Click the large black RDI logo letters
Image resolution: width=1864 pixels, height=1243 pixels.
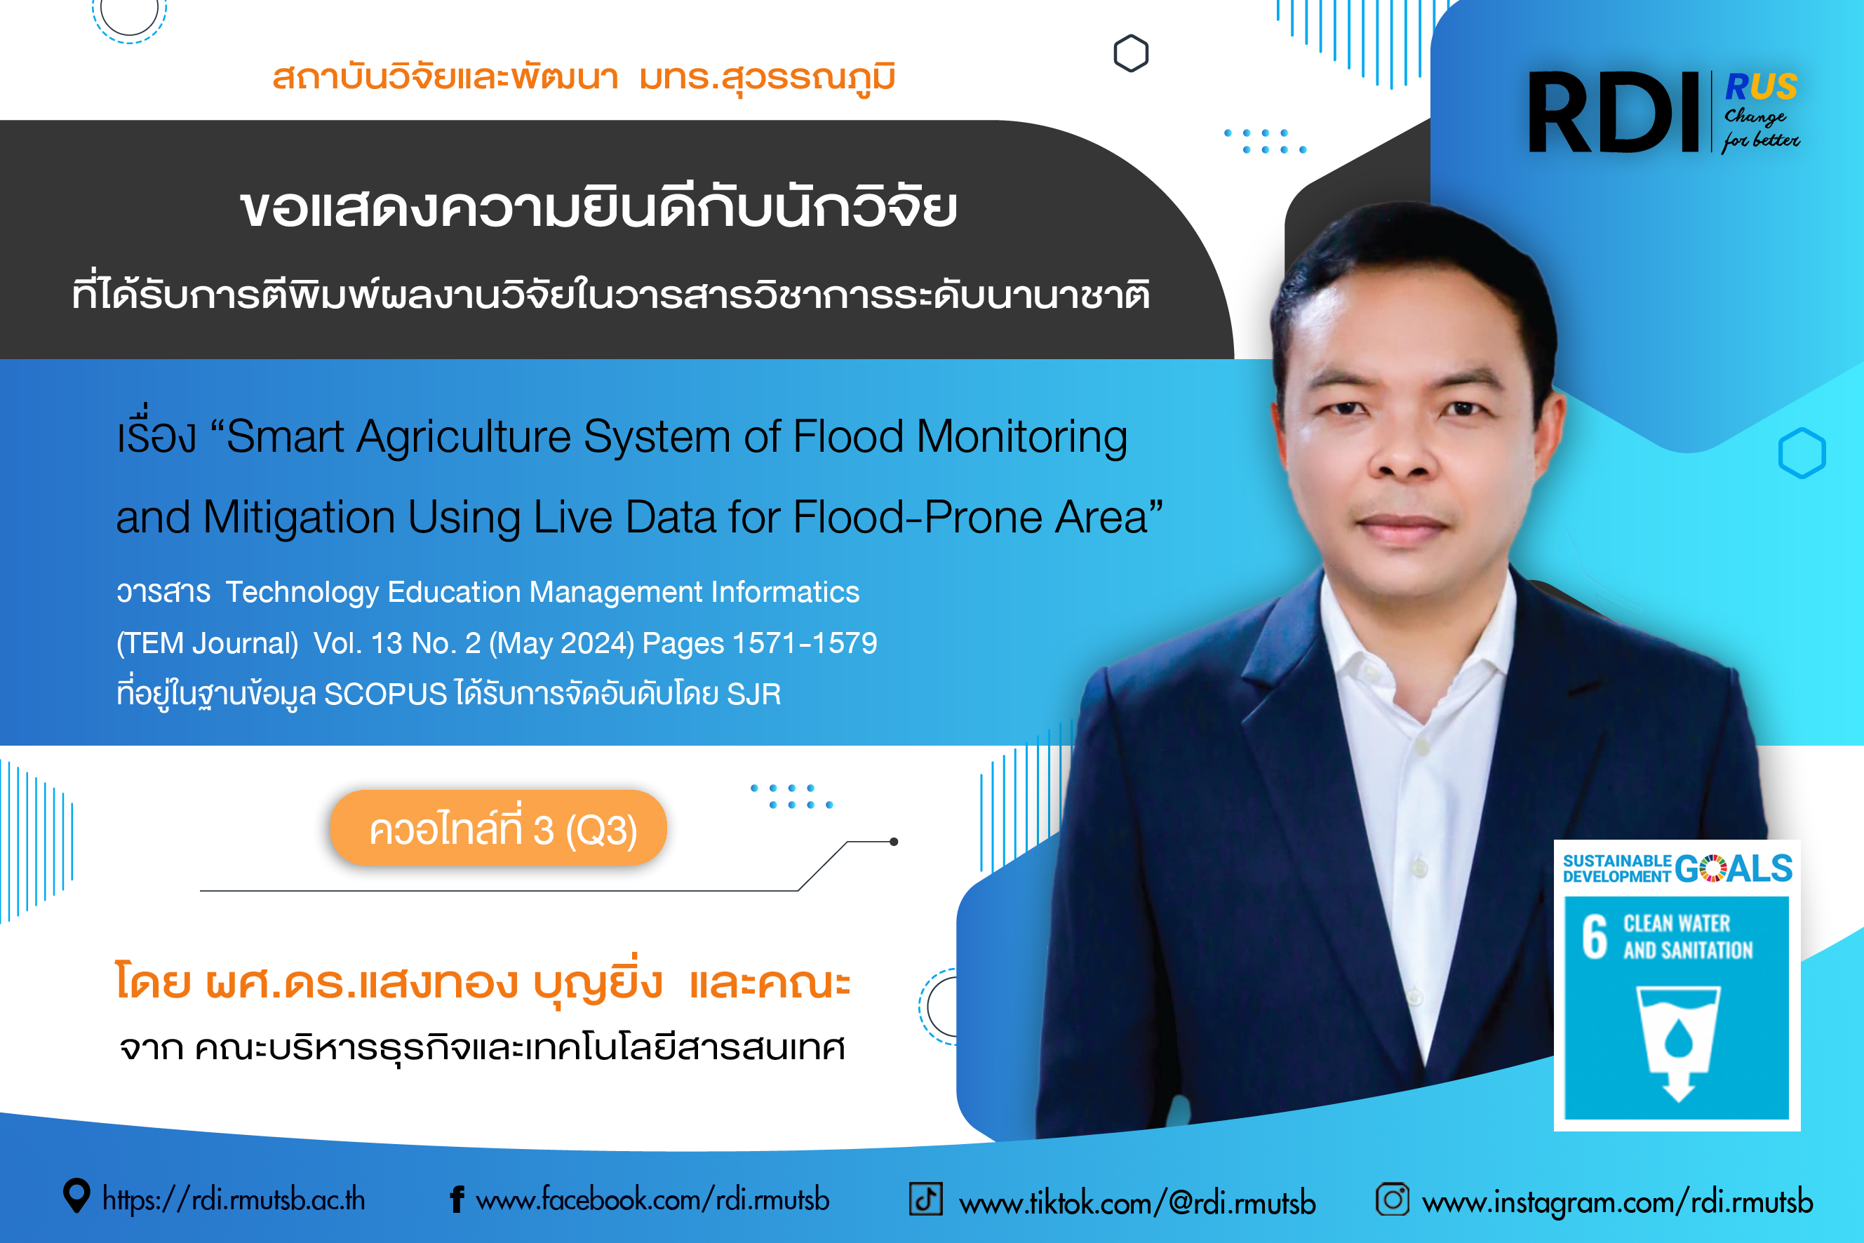[x=1613, y=112]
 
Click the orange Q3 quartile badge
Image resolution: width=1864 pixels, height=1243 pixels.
[x=499, y=828]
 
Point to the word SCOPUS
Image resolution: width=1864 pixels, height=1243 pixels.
[x=385, y=694]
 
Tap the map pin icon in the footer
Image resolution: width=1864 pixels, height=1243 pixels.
[x=76, y=1196]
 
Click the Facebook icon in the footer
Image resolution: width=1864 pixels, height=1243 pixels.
[x=457, y=1200]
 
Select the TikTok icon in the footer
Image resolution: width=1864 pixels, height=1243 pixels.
[x=925, y=1199]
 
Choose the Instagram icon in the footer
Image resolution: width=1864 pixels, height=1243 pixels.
[x=1393, y=1199]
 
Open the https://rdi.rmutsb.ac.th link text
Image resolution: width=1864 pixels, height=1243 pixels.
[x=234, y=1200]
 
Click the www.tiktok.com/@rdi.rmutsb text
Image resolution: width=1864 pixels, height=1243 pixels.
[x=1137, y=1202]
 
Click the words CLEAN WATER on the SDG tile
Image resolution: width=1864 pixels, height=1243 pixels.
[x=1677, y=924]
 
